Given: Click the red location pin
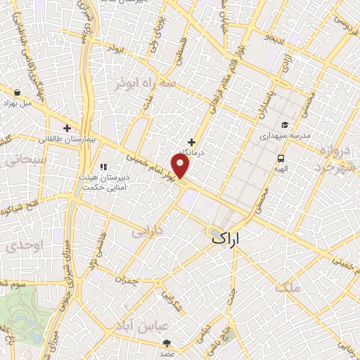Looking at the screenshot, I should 181,166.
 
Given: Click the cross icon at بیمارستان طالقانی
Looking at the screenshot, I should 67,128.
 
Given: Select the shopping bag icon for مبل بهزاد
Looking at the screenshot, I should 16,91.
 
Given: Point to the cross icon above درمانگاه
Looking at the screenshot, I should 191,142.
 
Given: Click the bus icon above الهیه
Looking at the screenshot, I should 281,158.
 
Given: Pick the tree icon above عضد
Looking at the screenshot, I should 167,343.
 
